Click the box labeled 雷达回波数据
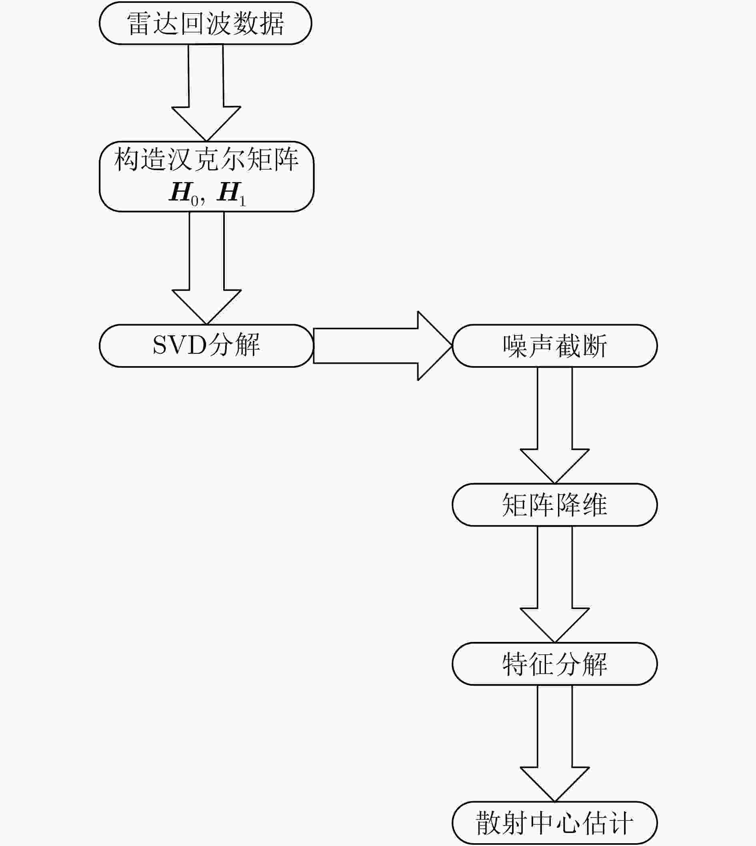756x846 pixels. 205,23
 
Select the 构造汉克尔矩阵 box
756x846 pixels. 206,176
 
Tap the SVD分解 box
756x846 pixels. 206,346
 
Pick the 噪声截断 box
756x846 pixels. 554,346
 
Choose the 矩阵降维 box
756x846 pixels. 554,505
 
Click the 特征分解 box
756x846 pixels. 554,664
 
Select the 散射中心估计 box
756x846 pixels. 554,823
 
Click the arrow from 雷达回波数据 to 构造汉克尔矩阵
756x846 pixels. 206,93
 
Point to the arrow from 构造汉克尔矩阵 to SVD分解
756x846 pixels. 206,268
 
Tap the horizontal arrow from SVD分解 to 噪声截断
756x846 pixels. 382,346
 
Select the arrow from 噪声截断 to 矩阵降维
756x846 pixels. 554,425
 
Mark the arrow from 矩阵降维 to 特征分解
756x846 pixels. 554,584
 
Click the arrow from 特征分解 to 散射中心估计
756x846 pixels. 554,744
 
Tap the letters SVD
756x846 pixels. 180,345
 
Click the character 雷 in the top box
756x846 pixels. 139,23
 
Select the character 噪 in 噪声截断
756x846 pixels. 515,346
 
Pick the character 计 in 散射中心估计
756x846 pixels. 620,823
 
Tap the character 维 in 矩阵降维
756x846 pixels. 594,505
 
